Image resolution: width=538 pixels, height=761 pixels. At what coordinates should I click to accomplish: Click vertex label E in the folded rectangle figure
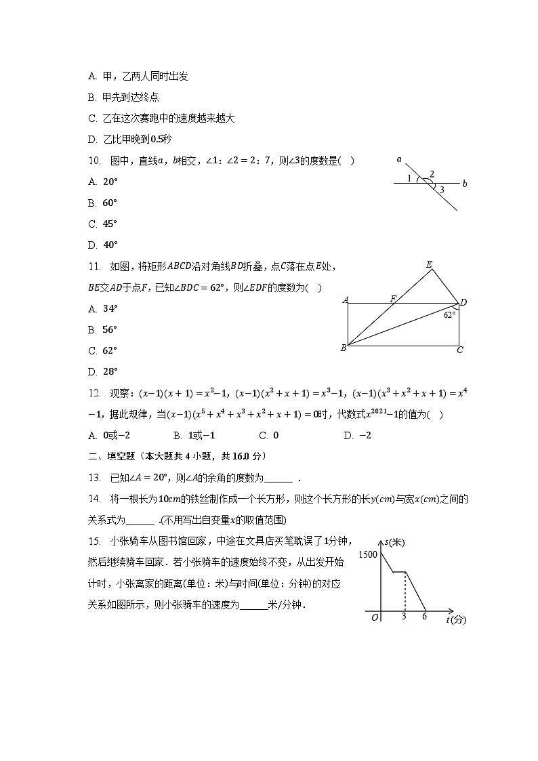(x=428, y=264)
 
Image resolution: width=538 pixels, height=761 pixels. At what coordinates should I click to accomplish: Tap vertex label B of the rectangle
(x=344, y=348)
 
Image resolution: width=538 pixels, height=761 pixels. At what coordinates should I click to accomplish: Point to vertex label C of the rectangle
(x=459, y=350)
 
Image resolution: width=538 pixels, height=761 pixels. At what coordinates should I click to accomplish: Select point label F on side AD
(x=393, y=298)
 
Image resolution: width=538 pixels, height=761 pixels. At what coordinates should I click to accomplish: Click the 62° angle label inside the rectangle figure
(x=449, y=314)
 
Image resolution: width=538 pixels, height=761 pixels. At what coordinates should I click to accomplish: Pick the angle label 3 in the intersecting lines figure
(x=441, y=190)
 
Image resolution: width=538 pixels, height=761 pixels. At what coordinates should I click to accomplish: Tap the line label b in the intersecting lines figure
(x=464, y=183)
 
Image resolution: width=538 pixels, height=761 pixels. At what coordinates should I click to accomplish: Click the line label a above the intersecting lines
(x=399, y=160)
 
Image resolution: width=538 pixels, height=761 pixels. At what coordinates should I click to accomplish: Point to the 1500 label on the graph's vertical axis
(x=368, y=554)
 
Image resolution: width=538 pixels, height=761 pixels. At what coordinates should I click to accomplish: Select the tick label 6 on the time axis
(x=424, y=616)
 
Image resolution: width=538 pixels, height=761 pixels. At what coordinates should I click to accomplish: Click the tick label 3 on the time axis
(x=404, y=616)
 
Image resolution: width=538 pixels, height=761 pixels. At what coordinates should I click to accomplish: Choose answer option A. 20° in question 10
(x=103, y=182)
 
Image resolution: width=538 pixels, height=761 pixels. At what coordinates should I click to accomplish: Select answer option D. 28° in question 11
(x=103, y=371)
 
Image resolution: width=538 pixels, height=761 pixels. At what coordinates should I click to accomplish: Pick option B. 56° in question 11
(x=103, y=329)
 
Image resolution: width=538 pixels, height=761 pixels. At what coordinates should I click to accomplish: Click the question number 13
(x=94, y=477)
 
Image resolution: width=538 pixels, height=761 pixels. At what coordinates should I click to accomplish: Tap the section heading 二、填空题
(x=109, y=455)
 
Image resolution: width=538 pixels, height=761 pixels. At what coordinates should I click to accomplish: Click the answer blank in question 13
(x=280, y=478)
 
